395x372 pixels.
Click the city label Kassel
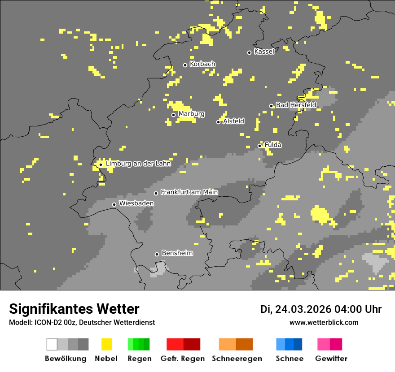[x=264, y=52]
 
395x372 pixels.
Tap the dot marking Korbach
[x=185, y=65]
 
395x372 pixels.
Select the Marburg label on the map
[x=191, y=114]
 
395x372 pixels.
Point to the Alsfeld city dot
[x=218, y=122]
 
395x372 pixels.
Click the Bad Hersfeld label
[x=296, y=105]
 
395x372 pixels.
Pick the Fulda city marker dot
[x=259, y=146]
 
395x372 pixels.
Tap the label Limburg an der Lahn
[x=138, y=164]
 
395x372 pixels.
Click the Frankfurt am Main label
[x=189, y=192]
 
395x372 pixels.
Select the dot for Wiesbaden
[x=114, y=204]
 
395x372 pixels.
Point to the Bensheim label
[x=177, y=253]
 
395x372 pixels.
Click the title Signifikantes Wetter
[x=74, y=309]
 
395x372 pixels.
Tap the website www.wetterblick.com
[x=324, y=323]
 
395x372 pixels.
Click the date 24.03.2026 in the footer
[x=303, y=309]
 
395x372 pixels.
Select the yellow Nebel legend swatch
[x=106, y=344]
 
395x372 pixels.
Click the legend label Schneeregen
[x=237, y=359]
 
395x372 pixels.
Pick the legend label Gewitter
[x=331, y=359]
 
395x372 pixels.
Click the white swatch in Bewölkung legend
[x=52, y=344]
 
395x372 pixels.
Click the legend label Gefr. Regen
[x=183, y=359]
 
